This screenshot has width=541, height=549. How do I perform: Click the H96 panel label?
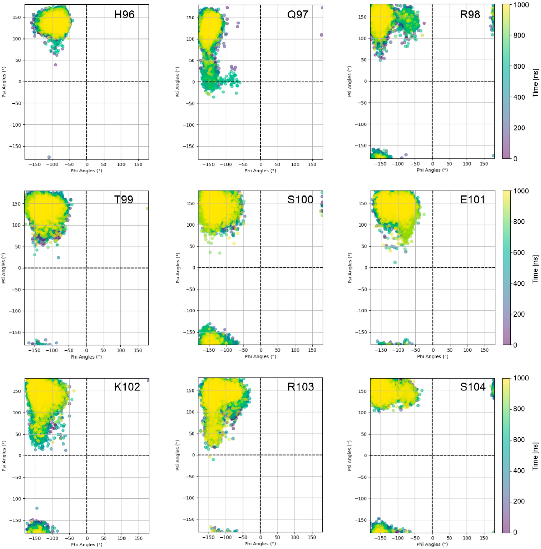pyautogui.click(x=124, y=15)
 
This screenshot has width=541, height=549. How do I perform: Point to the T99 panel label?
pyautogui.click(x=124, y=200)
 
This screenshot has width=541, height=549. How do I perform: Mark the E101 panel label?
pyautogui.click(x=473, y=200)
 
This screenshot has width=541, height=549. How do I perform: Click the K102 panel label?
pyautogui.click(x=127, y=387)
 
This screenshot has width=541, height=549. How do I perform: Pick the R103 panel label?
pyautogui.click(x=301, y=387)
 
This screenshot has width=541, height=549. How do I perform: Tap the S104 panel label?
pyautogui.click(x=473, y=387)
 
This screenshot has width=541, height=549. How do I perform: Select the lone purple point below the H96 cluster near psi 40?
pyautogui.click(x=55, y=65)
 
